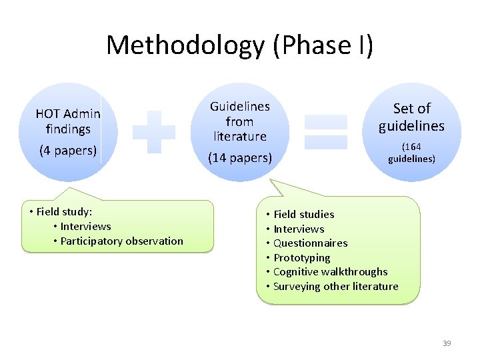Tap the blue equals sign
(x=326, y=131)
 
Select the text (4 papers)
(x=68, y=150)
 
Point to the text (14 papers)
(x=240, y=158)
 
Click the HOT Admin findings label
(x=68, y=121)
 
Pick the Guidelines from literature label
(x=240, y=121)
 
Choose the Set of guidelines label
(x=412, y=117)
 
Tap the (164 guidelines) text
(x=412, y=153)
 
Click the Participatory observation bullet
(x=121, y=241)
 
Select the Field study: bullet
(x=64, y=211)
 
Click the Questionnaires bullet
(x=310, y=243)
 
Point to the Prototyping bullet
(x=301, y=257)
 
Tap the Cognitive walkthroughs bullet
(x=330, y=271)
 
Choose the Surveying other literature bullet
(x=335, y=286)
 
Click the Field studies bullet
(x=303, y=214)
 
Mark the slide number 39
(x=447, y=343)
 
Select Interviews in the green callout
(x=299, y=229)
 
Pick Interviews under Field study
(x=85, y=226)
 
